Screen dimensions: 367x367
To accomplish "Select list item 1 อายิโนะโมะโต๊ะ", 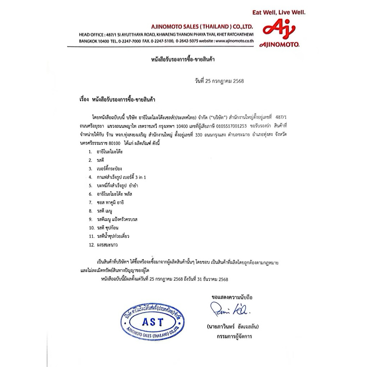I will [110, 152].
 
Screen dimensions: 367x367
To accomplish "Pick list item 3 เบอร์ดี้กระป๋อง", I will [109, 168].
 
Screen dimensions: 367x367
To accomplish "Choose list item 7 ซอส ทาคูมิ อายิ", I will [112, 202].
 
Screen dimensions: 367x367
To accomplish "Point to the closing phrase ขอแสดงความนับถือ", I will [232, 297].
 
